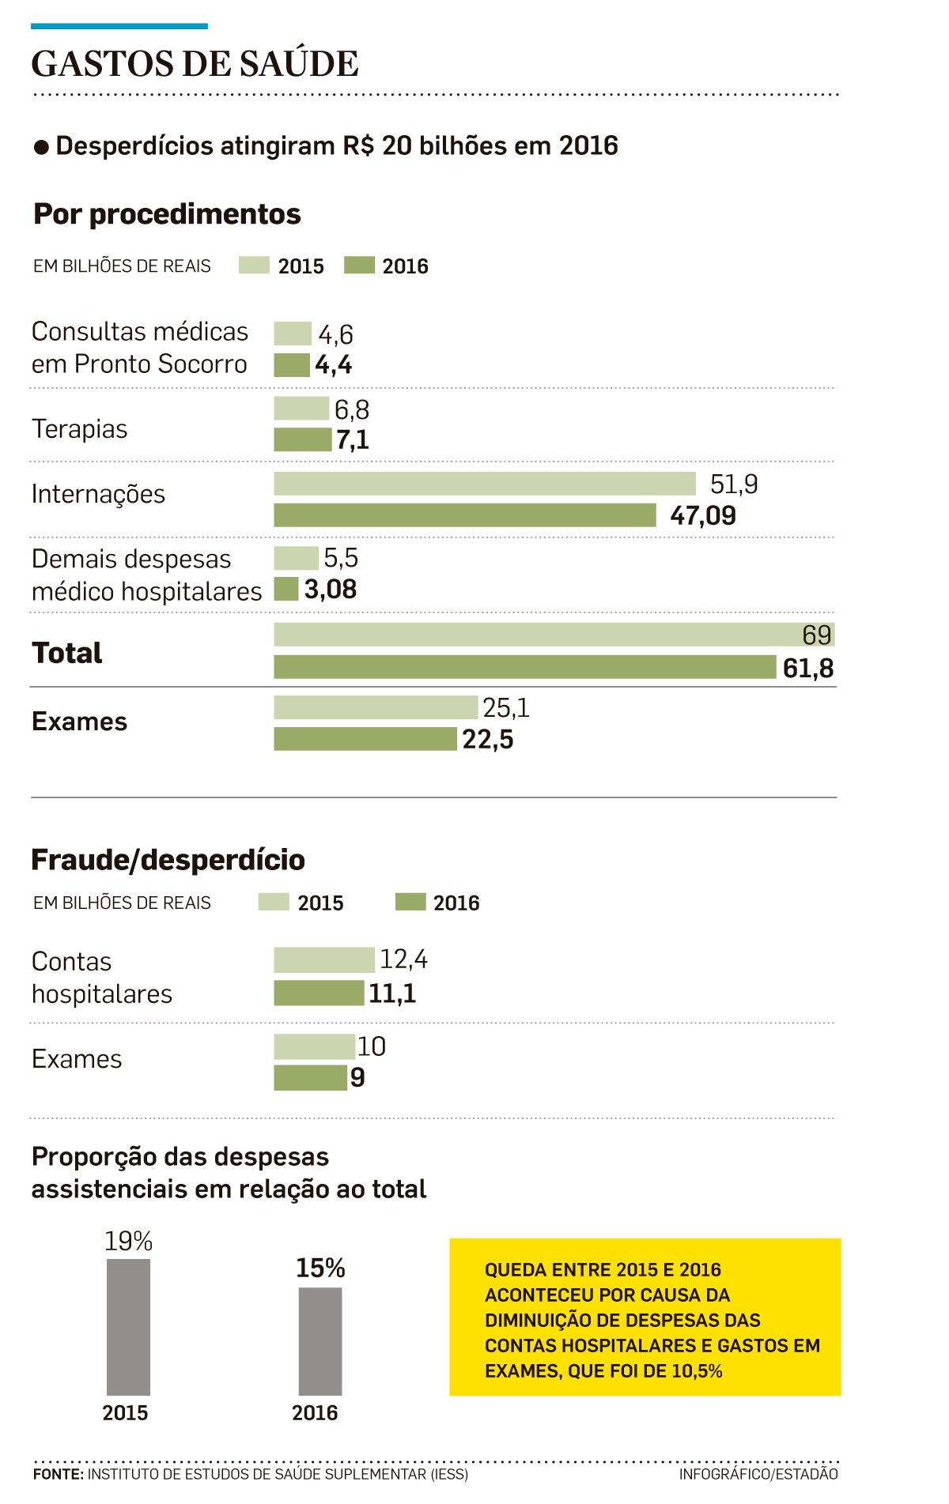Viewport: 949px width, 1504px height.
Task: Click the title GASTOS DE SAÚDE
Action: [195, 64]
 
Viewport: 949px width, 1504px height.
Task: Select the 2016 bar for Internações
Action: [465, 515]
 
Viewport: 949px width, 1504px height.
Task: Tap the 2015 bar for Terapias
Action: [301, 409]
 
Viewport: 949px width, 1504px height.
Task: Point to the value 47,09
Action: [702, 516]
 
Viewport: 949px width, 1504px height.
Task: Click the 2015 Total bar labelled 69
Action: [554, 635]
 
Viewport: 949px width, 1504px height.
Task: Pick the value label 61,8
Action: [807, 669]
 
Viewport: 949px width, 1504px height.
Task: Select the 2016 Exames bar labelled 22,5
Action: [365, 739]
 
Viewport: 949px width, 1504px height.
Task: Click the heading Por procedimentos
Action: [167, 214]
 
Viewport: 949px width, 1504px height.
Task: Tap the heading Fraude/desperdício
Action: [168, 860]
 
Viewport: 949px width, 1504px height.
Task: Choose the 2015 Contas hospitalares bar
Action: [324, 960]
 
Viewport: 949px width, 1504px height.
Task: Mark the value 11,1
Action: [392, 993]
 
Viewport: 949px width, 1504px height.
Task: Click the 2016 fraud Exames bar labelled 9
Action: [310, 1078]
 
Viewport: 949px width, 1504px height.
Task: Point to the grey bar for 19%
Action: [128, 1327]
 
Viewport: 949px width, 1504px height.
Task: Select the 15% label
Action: [320, 1268]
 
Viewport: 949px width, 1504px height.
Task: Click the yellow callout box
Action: [645, 1317]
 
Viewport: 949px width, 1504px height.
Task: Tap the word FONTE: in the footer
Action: [58, 1475]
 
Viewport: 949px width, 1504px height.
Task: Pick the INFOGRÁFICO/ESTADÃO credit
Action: [758, 1475]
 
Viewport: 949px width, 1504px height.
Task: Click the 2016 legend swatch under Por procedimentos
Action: [359, 266]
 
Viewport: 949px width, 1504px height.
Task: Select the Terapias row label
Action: [79, 429]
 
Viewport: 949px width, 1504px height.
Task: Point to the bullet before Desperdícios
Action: [42, 148]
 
